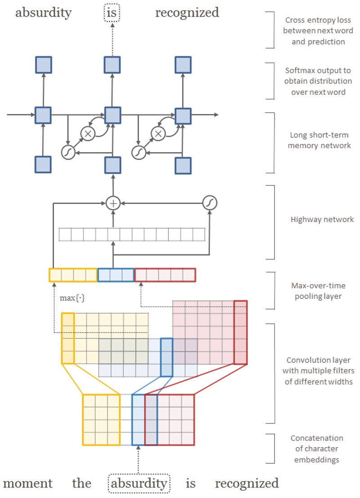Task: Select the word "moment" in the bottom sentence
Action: (27, 484)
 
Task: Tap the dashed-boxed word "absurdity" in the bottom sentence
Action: (139, 484)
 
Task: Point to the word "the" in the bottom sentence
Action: (81, 484)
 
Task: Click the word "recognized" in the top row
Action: (187, 13)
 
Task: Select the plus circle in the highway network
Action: (113, 204)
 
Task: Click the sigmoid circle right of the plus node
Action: (210, 204)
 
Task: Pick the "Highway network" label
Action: (322, 220)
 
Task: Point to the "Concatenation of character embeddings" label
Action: (317, 448)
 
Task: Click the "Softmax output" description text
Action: (319, 81)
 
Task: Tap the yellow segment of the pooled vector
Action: (73, 275)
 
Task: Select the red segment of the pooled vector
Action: (165, 275)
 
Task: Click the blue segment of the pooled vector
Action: (116, 275)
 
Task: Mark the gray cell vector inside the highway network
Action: (132, 235)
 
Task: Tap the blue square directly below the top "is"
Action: (112, 65)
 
